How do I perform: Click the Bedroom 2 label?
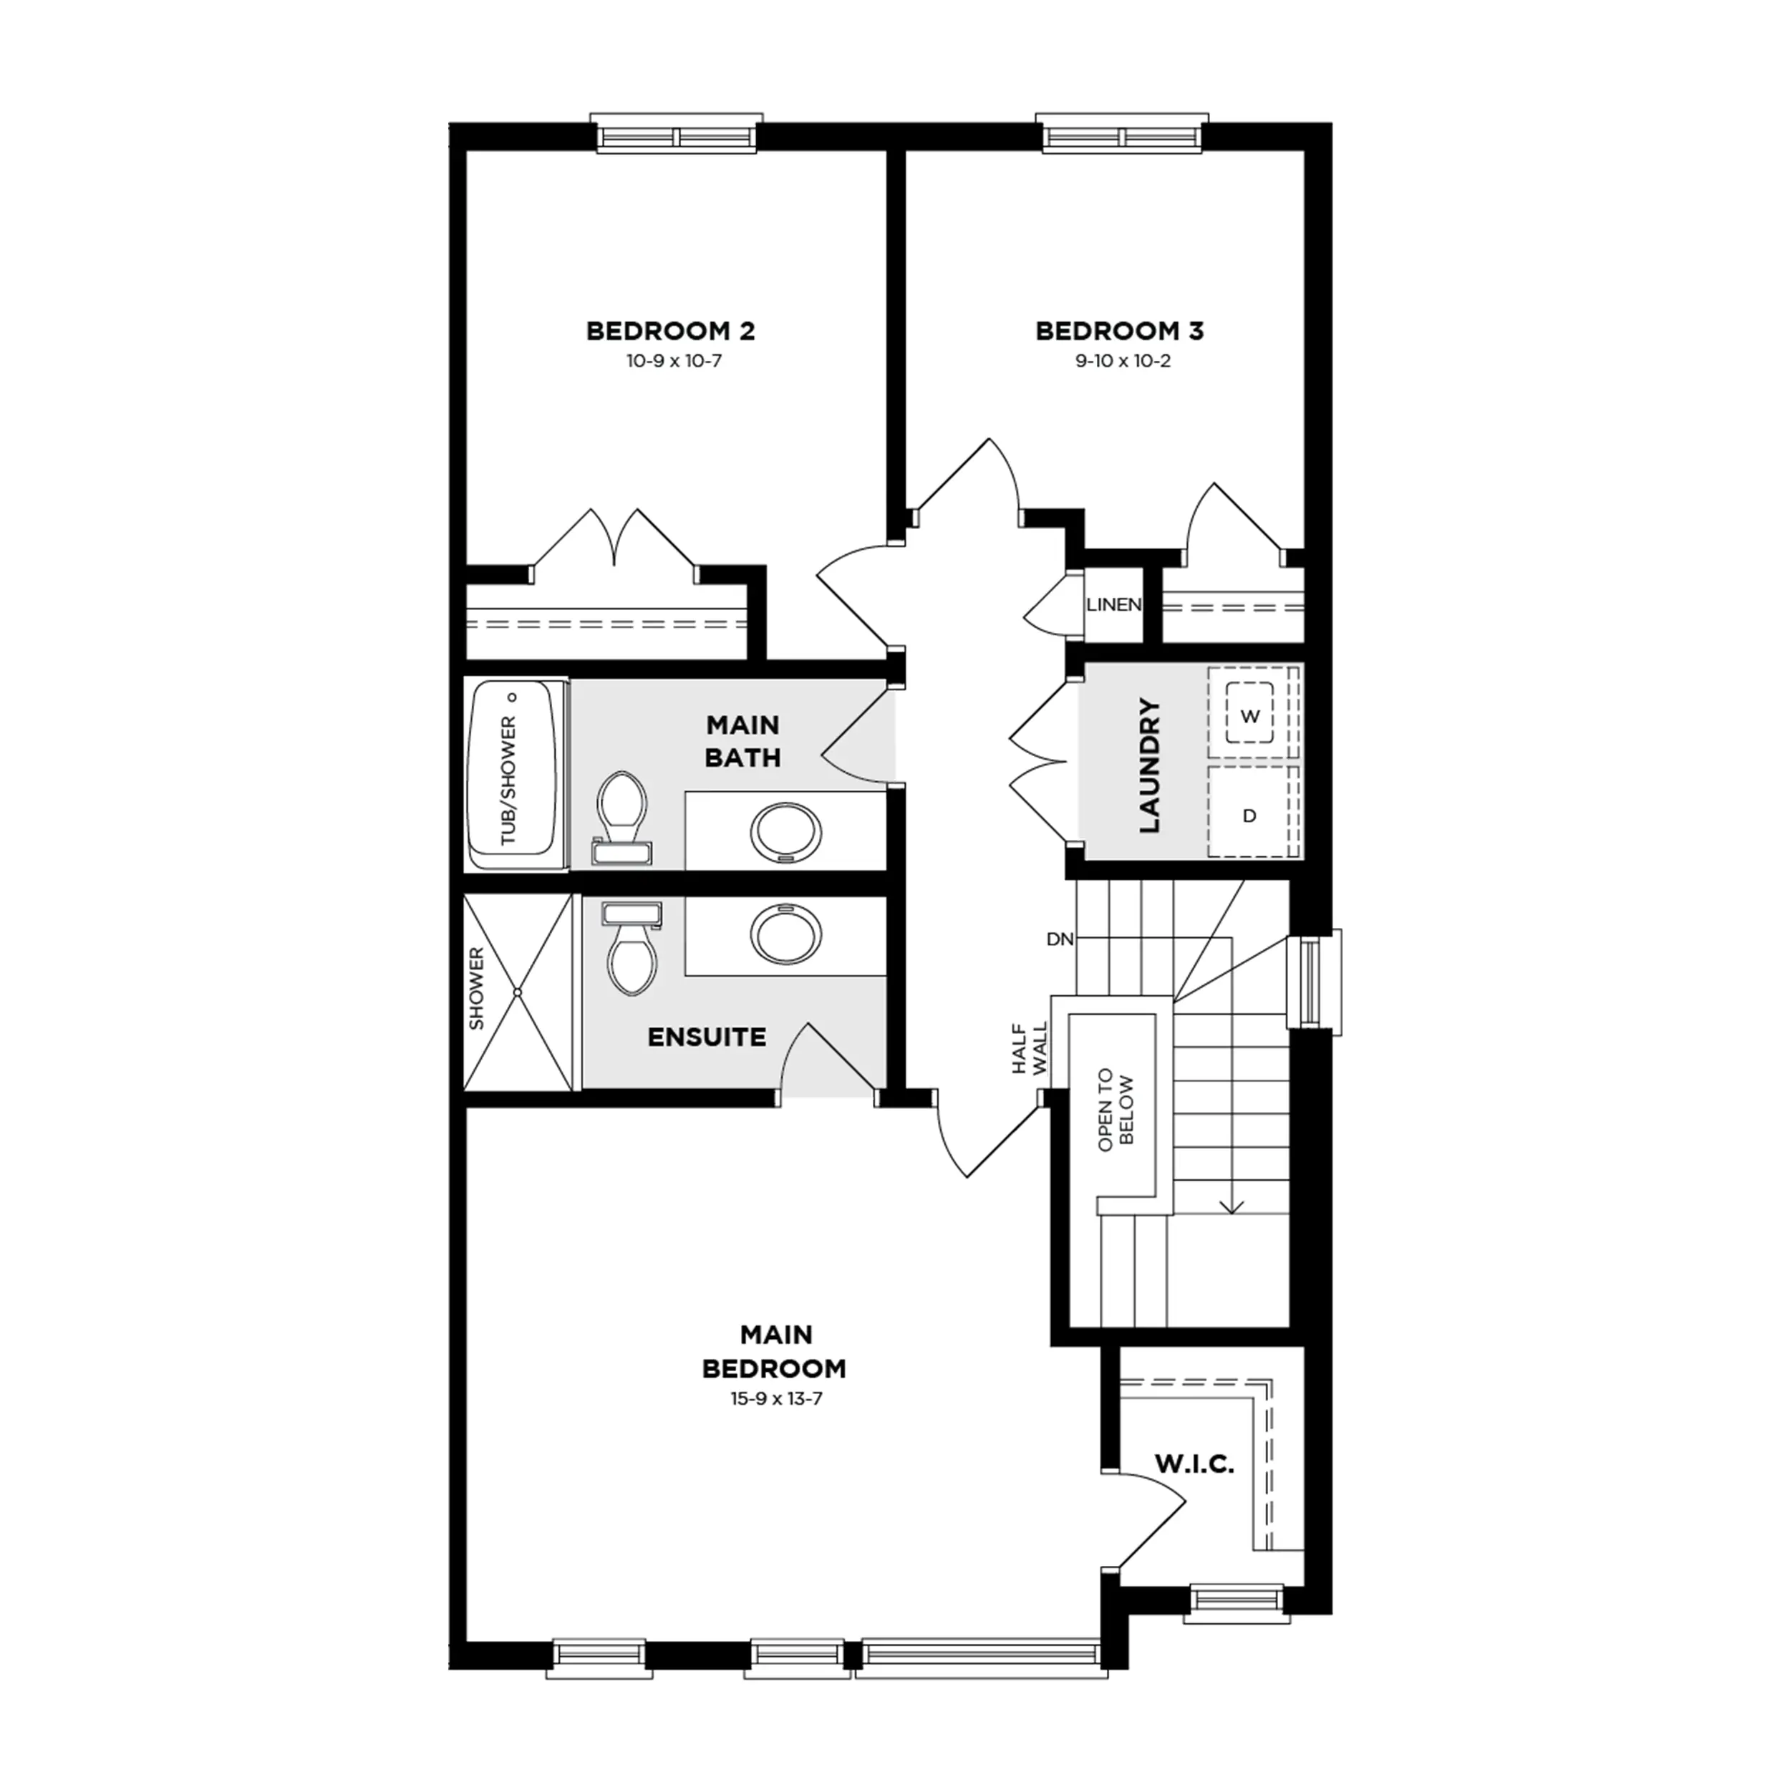671,331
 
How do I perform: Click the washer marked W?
1250,715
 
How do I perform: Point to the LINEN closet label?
1113,605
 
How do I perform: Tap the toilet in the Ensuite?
632,949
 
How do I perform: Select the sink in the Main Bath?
785,833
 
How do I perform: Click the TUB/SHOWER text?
508,780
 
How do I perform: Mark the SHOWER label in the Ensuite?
476,987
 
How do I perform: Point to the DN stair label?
1060,939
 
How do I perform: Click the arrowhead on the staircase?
1232,1207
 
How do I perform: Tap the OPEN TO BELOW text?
1116,1110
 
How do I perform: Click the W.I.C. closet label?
1194,1465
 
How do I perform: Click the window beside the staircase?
1314,982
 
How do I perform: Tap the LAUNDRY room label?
1149,766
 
